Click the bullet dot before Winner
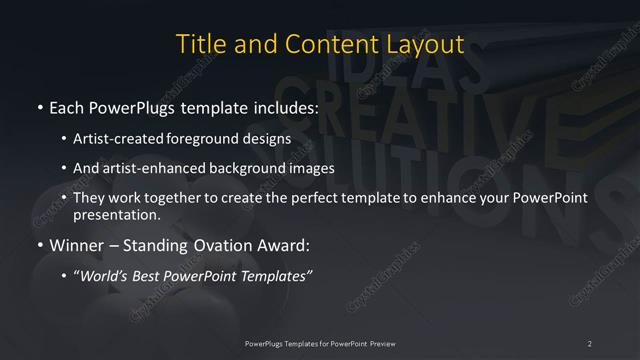(38, 244)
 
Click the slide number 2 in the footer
(590, 344)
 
